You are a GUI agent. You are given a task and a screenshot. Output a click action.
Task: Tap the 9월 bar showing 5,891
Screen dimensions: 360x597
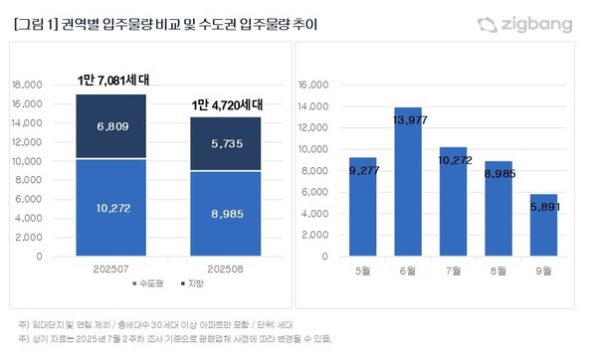click(x=543, y=225)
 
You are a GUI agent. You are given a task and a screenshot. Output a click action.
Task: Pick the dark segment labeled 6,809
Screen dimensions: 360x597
click(x=112, y=126)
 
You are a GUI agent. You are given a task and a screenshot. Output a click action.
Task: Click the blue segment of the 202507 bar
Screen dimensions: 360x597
click(x=112, y=207)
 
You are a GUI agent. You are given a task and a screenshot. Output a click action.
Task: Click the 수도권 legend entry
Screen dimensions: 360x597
click(x=149, y=285)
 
